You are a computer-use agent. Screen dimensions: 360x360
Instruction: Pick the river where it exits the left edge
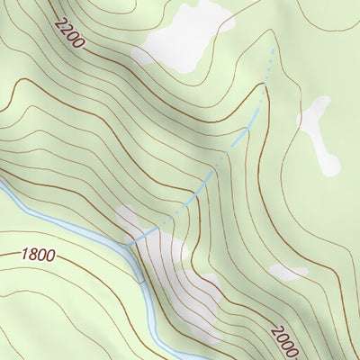(x=3, y=192)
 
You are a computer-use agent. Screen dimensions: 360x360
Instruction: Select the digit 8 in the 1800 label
(x=31, y=256)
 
